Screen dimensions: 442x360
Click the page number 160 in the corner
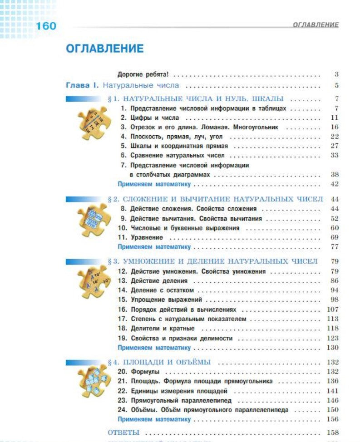click(46, 26)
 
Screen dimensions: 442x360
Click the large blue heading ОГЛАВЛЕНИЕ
click(104, 49)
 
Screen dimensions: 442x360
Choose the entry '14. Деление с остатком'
click(156, 290)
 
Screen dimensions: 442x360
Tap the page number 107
click(332, 309)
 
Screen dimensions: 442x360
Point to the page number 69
click(335, 237)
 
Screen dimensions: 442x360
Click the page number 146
click(332, 401)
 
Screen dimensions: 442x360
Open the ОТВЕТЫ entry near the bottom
click(123, 432)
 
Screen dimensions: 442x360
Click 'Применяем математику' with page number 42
click(154, 184)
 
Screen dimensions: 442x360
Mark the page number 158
click(332, 432)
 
